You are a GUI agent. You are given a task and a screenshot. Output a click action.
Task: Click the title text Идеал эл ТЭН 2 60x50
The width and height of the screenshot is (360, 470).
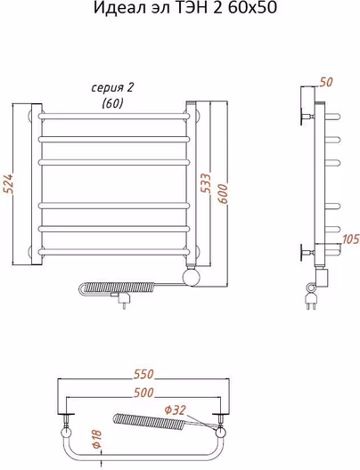pyautogui.click(x=185, y=8)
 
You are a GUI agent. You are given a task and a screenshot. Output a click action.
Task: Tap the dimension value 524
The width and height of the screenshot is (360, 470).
pyautogui.click(x=8, y=184)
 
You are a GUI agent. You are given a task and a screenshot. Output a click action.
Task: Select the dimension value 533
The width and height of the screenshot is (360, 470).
pyautogui.click(x=206, y=183)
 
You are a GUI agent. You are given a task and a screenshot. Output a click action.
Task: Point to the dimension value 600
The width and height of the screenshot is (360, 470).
pyautogui.click(x=223, y=194)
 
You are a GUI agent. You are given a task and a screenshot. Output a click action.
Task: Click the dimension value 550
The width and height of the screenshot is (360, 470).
pyautogui.click(x=143, y=374)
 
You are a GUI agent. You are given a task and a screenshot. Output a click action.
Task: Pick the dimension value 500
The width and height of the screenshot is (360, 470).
pyautogui.click(x=143, y=393)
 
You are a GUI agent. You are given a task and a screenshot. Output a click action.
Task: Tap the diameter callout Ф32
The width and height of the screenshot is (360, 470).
pyautogui.click(x=176, y=409)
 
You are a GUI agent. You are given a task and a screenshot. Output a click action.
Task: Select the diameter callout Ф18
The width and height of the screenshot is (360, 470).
pyautogui.click(x=97, y=440)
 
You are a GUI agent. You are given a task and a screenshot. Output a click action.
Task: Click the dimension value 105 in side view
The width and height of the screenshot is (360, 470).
pyautogui.click(x=350, y=239)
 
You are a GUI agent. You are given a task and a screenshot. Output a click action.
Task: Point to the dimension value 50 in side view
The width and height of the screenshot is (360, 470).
pyautogui.click(x=326, y=82)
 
